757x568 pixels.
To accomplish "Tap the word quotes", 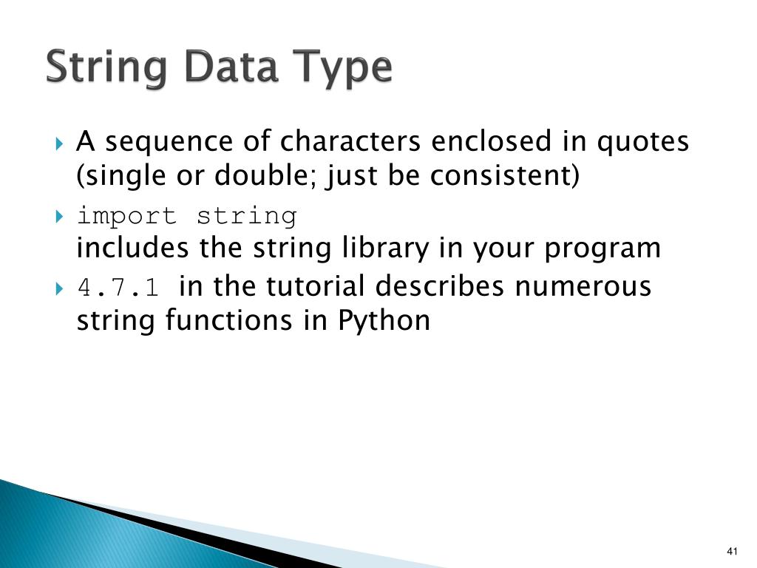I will pos(643,142).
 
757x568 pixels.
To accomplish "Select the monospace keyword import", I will pos(126,217).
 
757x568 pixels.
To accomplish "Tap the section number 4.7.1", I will pos(118,287).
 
